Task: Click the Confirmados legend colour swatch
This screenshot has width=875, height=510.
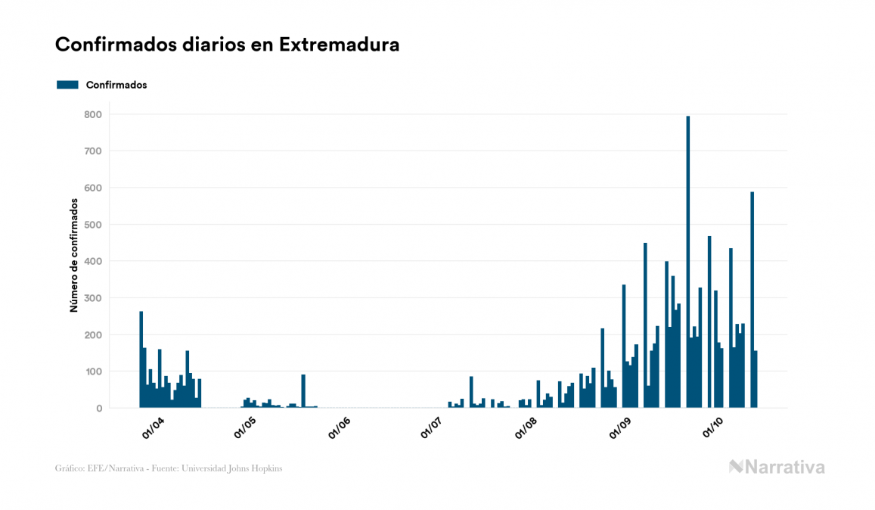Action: [x=67, y=85]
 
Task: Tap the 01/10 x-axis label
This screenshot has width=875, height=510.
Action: [x=715, y=428]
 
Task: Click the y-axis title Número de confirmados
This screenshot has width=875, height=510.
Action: [x=74, y=256]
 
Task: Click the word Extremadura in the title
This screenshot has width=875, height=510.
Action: [x=339, y=45]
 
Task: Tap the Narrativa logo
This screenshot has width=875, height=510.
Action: [x=777, y=467]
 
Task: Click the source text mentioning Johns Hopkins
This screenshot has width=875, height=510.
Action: [x=168, y=468]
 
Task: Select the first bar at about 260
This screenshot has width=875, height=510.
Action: [x=141, y=359]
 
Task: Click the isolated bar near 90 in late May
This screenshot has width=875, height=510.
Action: [x=303, y=391]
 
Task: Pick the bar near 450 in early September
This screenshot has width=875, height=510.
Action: [x=645, y=325]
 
